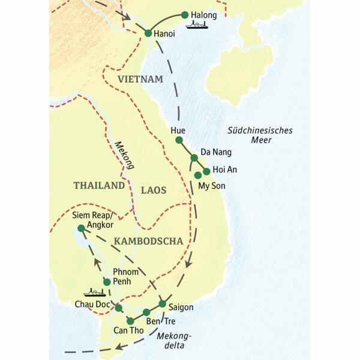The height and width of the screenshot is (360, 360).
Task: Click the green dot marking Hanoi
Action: (x=148, y=34)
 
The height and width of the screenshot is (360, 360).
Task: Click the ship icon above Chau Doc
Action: (x=93, y=293)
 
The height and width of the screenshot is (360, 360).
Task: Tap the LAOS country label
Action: (x=153, y=190)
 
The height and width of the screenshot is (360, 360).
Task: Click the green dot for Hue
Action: (x=178, y=140)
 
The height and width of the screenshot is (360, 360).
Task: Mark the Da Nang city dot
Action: (x=194, y=158)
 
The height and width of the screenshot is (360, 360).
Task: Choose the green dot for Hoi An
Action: (x=207, y=171)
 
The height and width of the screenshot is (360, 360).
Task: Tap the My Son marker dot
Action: (x=198, y=175)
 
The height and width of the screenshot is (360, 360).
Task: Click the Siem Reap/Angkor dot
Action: (x=81, y=228)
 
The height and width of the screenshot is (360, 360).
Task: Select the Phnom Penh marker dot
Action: (x=107, y=282)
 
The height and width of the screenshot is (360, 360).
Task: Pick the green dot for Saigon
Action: (x=162, y=303)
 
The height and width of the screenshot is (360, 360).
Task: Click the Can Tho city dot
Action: (x=130, y=321)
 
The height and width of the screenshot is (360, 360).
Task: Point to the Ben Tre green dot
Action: (x=146, y=312)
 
